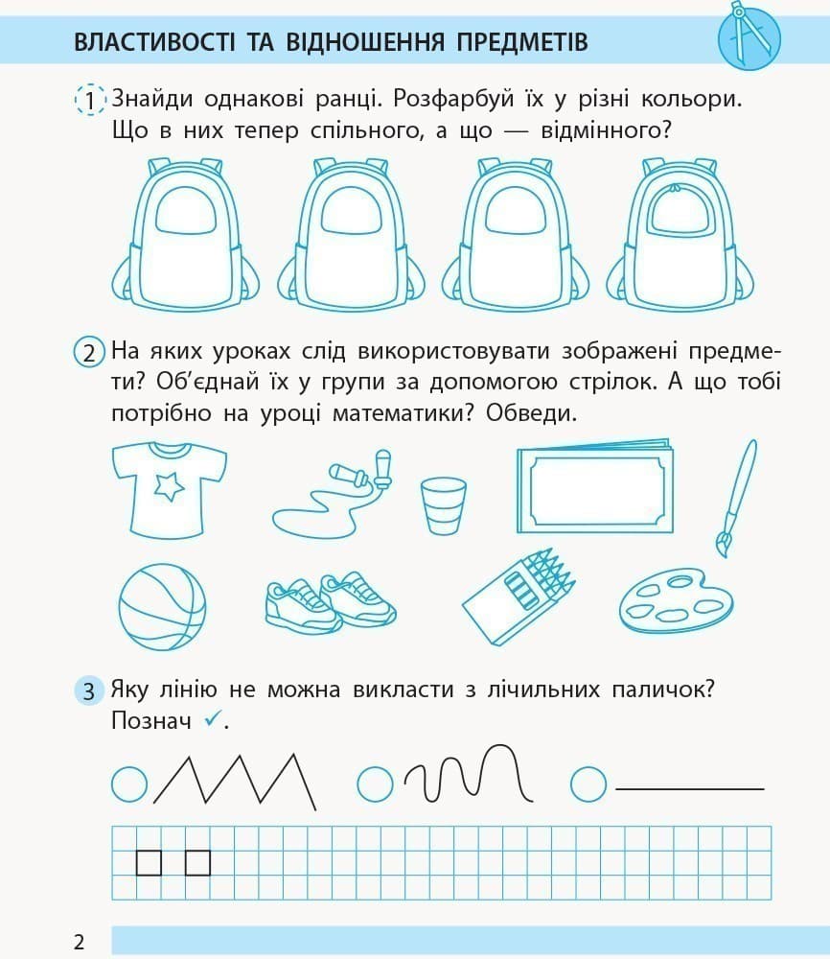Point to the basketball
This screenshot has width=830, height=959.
[x=162, y=607]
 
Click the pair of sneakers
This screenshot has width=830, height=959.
[x=330, y=602]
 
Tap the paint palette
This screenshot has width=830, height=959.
[x=675, y=602]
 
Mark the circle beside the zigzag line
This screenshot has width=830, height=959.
[x=128, y=785]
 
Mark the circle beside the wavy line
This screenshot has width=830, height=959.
[x=376, y=785]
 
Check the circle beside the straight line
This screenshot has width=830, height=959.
[x=588, y=785]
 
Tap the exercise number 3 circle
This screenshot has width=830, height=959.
[x=89, y=690]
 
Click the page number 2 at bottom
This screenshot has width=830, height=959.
[x=79, y=941]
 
